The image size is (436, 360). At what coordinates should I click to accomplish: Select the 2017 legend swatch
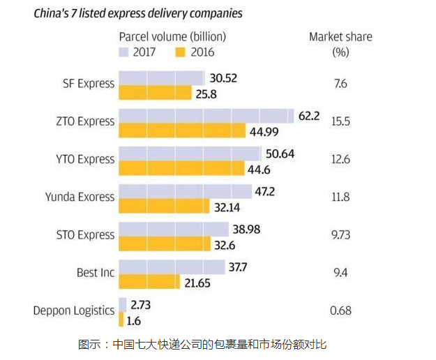pyautogui.click(x=126, y=52)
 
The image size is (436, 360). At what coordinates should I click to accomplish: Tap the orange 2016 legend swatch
pyautogui.click(x=183, y=52)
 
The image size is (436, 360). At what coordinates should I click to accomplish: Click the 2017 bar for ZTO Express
pyautogui.click(x=206, y=116)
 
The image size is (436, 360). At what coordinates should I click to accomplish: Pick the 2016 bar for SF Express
pyautogui.click(x=156, y=92)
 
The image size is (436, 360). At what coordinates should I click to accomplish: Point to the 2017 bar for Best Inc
pyautogui.click(x=172, y=267)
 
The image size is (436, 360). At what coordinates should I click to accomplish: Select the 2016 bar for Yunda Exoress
pyautogui.click(x=165, y=206)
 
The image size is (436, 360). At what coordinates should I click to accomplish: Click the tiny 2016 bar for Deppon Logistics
pyautogui.click(x=121, y=319)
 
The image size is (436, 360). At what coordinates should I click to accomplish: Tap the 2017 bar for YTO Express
pyautogui.click(x=190, y=153)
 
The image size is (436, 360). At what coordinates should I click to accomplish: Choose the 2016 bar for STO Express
pyautogui.click(x=165, y=243)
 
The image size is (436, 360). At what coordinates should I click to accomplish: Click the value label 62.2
pyautogui.click(x=308, y=116)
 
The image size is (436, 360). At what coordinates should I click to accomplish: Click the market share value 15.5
pyautogui.click(x=340, y=121)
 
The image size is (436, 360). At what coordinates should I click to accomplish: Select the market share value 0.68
pyautogui.click(x=340, y=310)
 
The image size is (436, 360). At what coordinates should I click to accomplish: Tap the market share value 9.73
pyautogui.click(x=340, y=235)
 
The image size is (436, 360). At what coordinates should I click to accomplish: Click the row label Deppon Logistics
pyautogui.click(x=73, y=310)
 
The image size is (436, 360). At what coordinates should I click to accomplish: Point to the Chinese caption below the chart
pyautogui.click(x=202, y=344)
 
